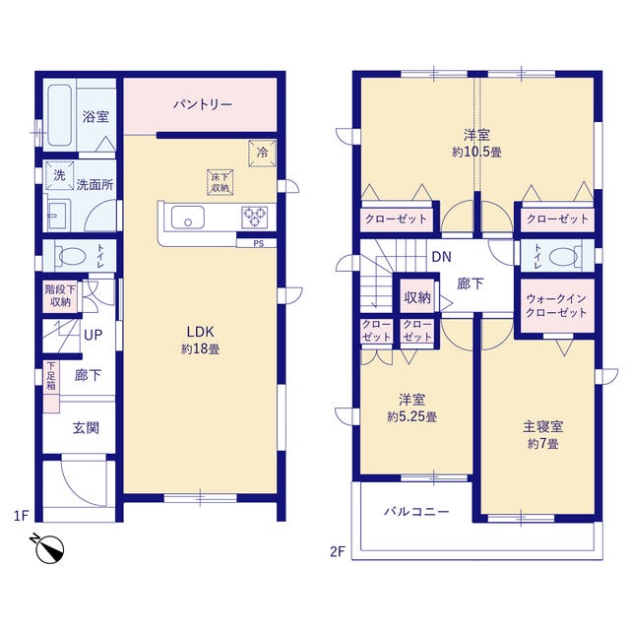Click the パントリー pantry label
(x=203, y=105)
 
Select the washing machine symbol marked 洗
(x=59, y=175)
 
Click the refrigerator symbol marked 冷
(x=262, y=153)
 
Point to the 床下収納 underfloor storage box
(x=220, y=182)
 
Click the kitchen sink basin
(x=188, y=218)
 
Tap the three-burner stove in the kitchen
(x=255, y=217)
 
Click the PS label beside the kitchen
(x=258, y=243)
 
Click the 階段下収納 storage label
(x=60, y=295)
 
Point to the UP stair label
(x=94, y=335)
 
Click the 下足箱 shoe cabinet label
(x=51, y=376)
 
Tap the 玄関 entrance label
(x=86, y=428)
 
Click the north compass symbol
(x=48, y=548)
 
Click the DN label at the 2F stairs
(x=442, y=257)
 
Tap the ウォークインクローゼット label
(x=556, y=306)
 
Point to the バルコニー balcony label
(x=416, y=512)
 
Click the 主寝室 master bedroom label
(x=542, y=426)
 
